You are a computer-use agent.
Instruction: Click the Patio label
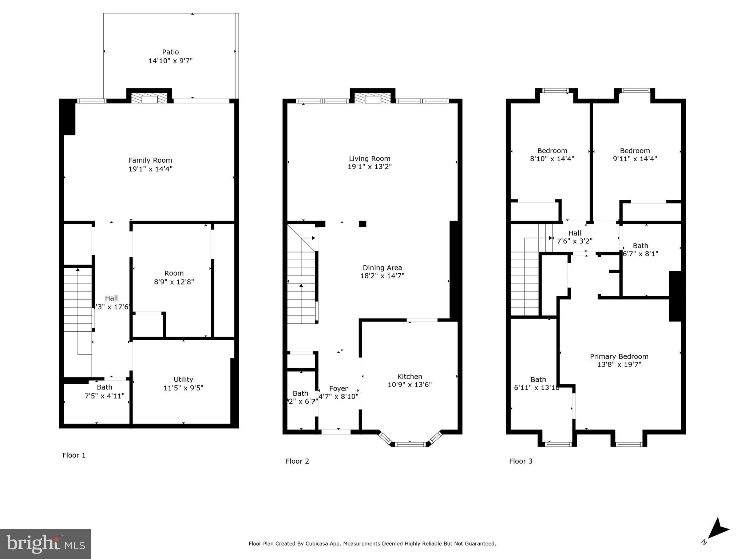pyautogui.click(x=170, y=52)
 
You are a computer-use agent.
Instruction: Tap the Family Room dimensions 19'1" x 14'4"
pyautogui.click(x=150, y=169)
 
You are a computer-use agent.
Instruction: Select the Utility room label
pyautogui.click(x=183, y=379)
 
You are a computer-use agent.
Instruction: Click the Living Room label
pyautogui.click(x=369, y=158)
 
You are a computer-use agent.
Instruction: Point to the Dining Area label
pyautogui.click(x=382, y=268)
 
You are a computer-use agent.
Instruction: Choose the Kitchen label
pyautogui.click(x=409, y=376)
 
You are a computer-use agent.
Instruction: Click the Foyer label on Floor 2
pyautogui.click(x=338, y=388)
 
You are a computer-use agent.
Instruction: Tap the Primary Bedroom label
pyautogui.click(x=619, y=356)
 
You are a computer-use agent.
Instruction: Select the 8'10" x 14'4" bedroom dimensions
pyautogui.click(x=552, y=159)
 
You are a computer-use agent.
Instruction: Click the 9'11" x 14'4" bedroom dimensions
pyautogui.click(x=635, y=159)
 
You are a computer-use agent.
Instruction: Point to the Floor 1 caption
pyautogui.click(x=74, y=455)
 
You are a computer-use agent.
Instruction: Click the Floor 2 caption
pyautogui.click(x=297, y=461)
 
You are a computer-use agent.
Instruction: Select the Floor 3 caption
pyautogui.click(x=520, y=461)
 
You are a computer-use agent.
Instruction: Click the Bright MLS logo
pyautogui.click(x=45, y=544)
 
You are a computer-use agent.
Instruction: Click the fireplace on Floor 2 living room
pyautogui.click(x=372, y=98)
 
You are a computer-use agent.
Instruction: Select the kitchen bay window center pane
pyautogui.click(x=410, y=444)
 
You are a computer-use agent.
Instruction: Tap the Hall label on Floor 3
pyautogui.click(x=575, y=233)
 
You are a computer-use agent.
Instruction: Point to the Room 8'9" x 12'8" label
pyautogui.click(x=174, y=273)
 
